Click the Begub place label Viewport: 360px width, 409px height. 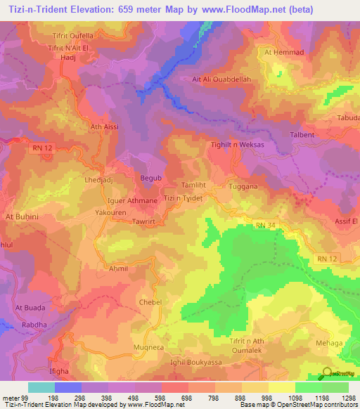[x=151, y=178]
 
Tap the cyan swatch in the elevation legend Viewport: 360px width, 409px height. [x=41, y=387]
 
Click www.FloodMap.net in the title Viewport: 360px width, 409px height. [x=236, y=9]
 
